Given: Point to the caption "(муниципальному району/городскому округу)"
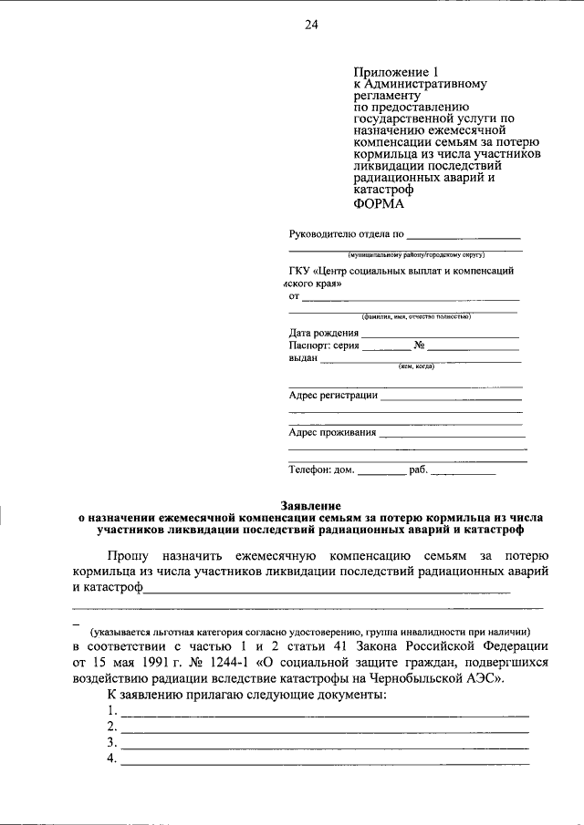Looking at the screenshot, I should coord(405,255).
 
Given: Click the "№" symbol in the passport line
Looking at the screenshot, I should coord(420,346).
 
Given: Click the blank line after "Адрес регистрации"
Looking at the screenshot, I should coord(451,396).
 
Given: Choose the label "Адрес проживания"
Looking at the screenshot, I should coord(332,432).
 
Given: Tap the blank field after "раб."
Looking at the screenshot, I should coord(463,472).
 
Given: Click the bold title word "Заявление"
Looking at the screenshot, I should coord(310,505).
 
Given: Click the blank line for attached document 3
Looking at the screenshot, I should coord(324,744).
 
